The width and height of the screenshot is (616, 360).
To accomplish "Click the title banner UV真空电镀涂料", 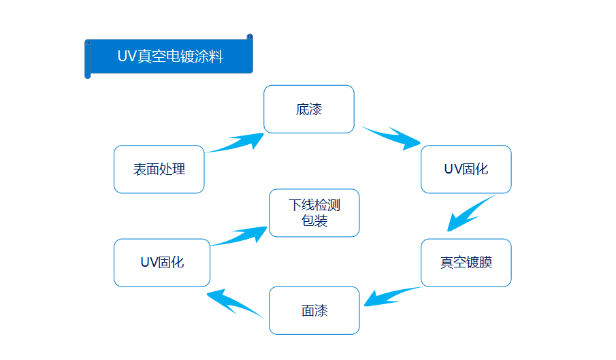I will [x=169, y=57].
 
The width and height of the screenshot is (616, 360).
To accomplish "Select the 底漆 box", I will [x=309, y=109].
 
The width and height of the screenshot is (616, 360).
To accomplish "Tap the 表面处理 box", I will [x=159, y=169].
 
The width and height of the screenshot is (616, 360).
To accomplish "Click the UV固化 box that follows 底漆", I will [x=466, y=169].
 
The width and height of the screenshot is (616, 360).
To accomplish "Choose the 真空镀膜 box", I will [x=466, y=263].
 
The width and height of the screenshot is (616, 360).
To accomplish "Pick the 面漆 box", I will [x=314, y=310].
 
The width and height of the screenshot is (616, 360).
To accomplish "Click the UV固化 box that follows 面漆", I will [x=162, y=263].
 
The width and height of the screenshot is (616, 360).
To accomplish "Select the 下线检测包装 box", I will [x=314, y=213].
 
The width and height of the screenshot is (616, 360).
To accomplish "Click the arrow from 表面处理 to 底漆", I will [x=236, y=143].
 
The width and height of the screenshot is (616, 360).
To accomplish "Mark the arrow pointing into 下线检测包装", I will [x=238, y=235].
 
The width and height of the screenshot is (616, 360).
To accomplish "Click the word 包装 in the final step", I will [x=314, y=221].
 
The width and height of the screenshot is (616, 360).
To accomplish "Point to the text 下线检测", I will [x=314, y=206].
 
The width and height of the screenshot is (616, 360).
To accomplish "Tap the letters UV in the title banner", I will [x=127, y=57].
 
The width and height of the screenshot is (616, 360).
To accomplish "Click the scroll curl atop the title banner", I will [x=250, y=37].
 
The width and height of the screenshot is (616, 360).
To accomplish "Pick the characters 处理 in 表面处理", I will [x=172, y=169].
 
